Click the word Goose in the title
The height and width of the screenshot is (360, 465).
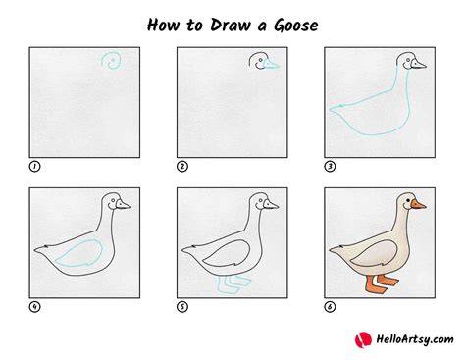point(296,26)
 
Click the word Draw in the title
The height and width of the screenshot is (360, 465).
point(230,26)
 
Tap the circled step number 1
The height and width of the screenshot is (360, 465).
point(34,167)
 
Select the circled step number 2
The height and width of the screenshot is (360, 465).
point(182,167)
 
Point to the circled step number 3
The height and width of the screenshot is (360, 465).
point(330,167)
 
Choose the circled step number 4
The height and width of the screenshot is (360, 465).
point(34,307)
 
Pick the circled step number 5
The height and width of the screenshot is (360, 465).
point(182,307)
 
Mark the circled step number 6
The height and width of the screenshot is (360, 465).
point(330,307)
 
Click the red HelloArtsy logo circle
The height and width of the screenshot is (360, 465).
point(363,339)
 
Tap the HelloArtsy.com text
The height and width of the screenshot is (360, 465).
point(415,339)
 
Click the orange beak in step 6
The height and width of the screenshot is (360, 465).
point(418,205)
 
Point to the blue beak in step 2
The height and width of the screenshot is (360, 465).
point(271,64)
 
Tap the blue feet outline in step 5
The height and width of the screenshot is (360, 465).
point(232,285)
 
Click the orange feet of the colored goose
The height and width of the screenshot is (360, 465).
point(382,283)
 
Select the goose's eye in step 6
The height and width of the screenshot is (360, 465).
point(408,199)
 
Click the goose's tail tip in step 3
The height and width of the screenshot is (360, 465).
point(330,109)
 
